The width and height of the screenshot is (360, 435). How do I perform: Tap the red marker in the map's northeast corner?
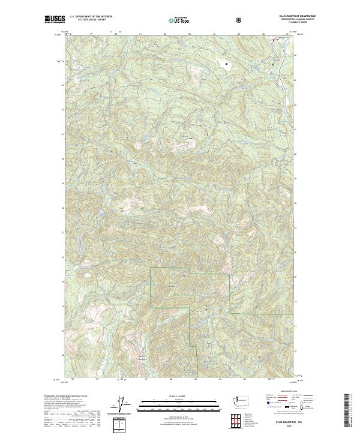click(274, 40)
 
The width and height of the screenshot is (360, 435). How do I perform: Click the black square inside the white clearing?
click(226, 63)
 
